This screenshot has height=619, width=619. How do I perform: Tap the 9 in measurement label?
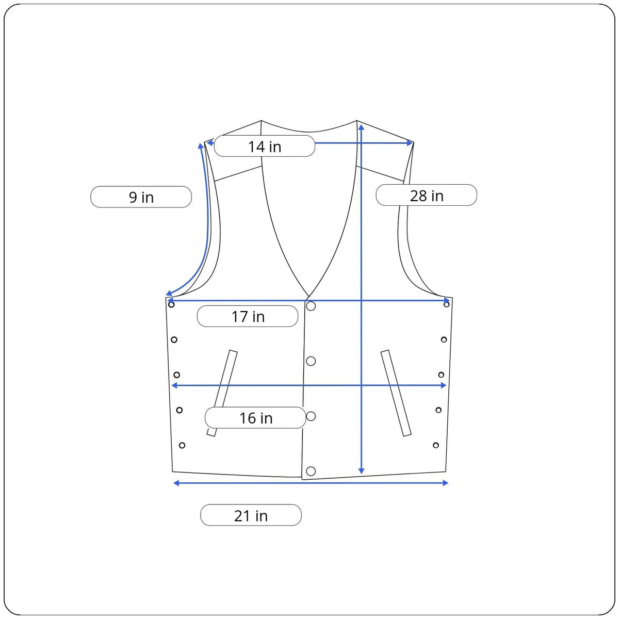141,197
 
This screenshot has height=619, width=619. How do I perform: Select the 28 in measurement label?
426,195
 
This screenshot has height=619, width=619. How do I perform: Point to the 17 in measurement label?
248,316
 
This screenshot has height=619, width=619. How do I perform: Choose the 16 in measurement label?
255,418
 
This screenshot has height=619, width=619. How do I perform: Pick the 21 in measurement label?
251,515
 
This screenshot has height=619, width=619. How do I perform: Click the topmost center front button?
311,306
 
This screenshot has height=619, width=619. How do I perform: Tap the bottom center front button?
311,471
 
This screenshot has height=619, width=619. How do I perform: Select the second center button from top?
311,361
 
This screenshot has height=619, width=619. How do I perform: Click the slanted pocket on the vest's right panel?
396,393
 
